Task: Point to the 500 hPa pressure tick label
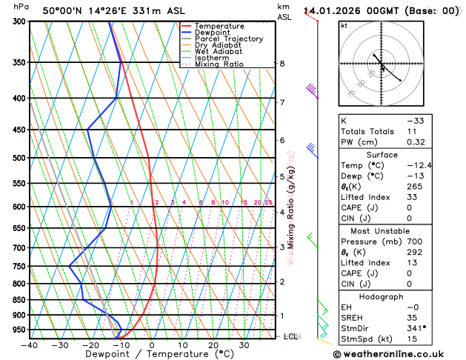[x=19, y=158]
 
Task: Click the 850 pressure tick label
[x=19, y=300]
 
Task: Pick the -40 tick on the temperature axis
[x=30, y=345]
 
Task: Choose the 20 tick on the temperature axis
[x=213, y=345]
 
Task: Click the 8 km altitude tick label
[x=282, y=64]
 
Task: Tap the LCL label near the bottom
[x=291, y=336]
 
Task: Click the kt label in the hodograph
[x=344, y=25]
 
